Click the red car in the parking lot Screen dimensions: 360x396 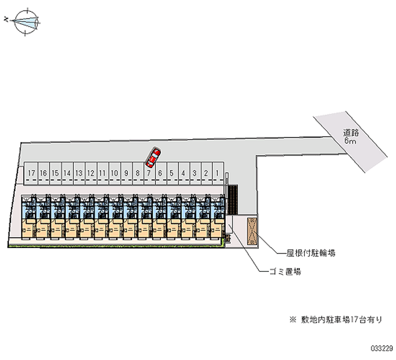[153, 157]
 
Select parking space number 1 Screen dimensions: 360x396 [218, 173]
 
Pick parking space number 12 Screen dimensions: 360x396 [91, 173]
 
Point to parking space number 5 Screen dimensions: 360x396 [171, 173]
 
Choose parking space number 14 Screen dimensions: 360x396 [67, 173]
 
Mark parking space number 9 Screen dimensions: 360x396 [126, 173]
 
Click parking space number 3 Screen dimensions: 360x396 [195, 173]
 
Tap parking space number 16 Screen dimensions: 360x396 [44, 173]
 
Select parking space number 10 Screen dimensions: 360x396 [114, 173]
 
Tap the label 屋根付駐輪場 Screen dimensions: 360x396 [311, 253]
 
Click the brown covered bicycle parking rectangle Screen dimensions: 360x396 [251, 230]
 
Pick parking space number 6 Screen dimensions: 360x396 [160, 173]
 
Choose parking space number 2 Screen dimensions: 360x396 [206, 173]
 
